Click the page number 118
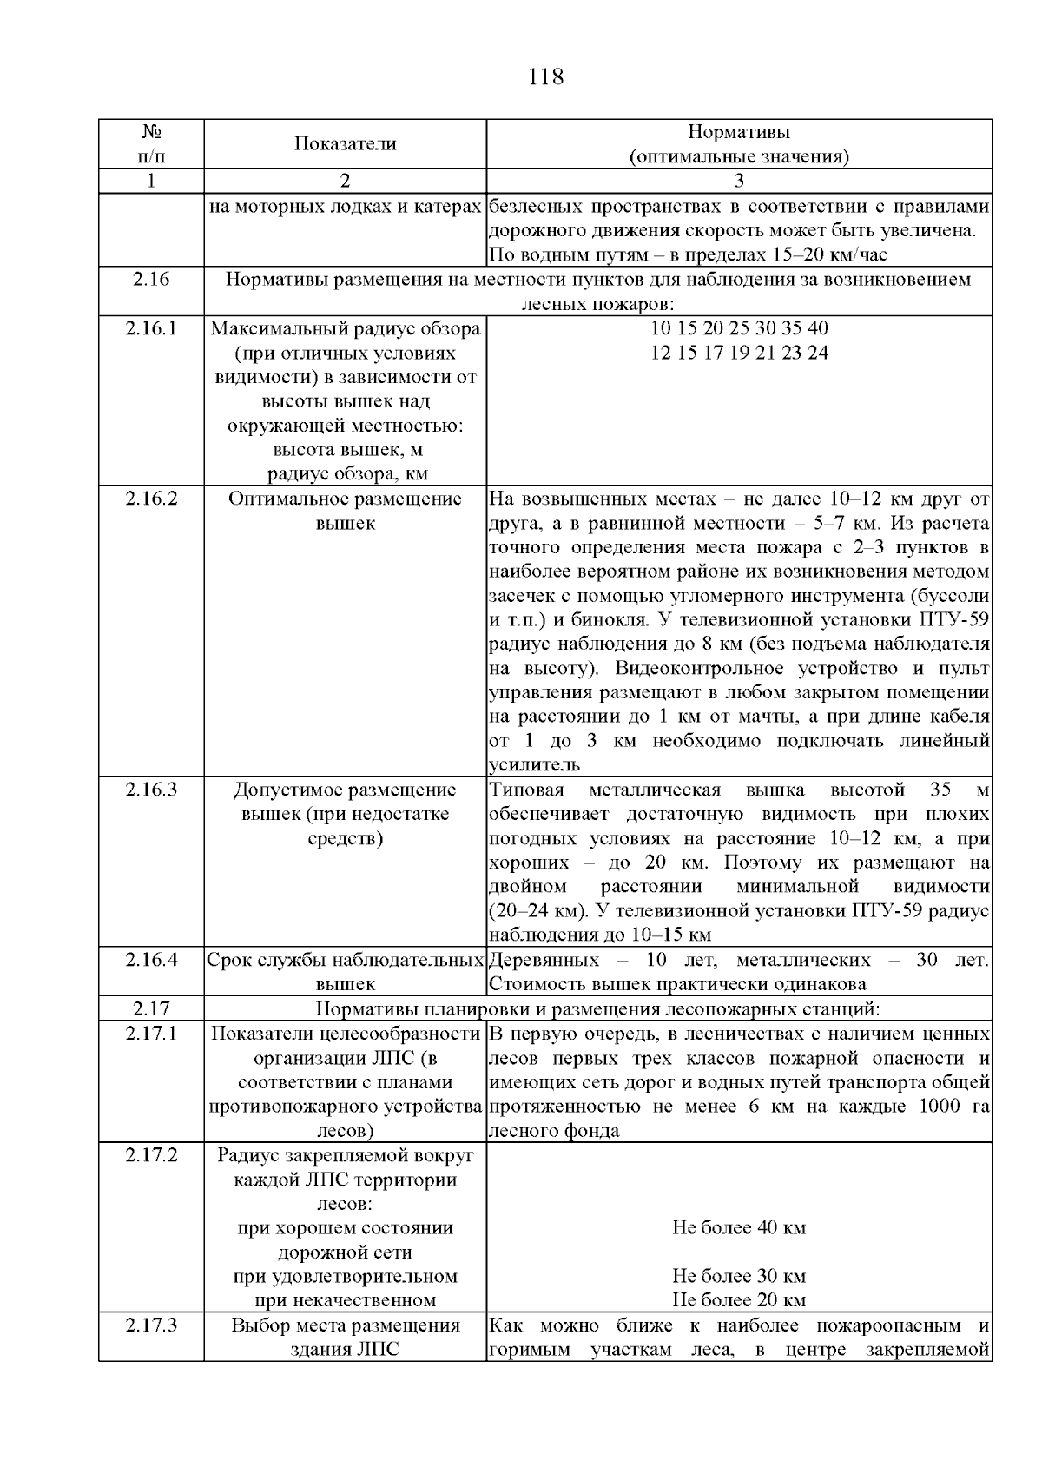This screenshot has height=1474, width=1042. click(545, 77)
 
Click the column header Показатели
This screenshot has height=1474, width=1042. click(345, 144)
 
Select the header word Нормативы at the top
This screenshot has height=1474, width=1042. click(739, 132)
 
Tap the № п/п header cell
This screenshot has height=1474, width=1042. click(151, 144)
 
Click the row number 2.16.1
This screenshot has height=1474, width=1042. click(151, 328)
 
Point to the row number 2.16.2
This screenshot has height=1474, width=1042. click(151, 499)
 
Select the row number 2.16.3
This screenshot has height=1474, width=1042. click(151, 790)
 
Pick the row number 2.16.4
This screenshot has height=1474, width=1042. click(151, 960)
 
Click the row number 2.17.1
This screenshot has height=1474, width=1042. click(151, 1034)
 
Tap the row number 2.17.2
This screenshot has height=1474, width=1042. click(151, 1155)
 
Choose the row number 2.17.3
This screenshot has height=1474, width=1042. click(151, 1325)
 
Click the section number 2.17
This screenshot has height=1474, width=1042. click(151, 1008)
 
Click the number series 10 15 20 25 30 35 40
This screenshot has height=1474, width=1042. click(739, 328)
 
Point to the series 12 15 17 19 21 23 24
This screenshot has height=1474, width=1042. click(739, 353)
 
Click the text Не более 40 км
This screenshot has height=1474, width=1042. click(739, 1228)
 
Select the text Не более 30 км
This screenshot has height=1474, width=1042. click(739, 1277)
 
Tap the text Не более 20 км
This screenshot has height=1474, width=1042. click(739, 1300)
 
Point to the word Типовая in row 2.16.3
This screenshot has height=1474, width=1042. click(527, 790)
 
